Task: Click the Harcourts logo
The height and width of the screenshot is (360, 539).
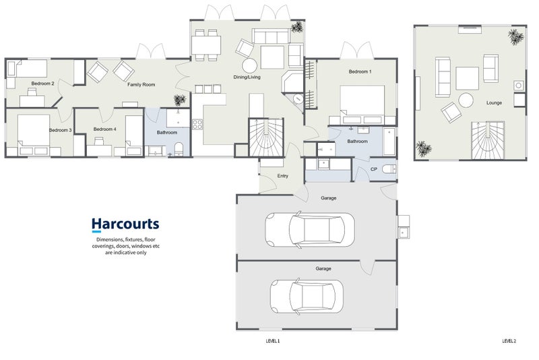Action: pos(125,224)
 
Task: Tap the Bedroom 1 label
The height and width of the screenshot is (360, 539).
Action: pos(360,71)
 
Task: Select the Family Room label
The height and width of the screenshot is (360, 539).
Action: pos(141,84)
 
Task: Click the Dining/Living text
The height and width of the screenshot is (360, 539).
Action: pos(247,77)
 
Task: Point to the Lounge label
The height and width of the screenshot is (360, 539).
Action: pos(494,102)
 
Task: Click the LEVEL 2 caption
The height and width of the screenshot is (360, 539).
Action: pos(509,341)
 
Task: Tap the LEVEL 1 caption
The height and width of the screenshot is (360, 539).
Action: pos(273,341)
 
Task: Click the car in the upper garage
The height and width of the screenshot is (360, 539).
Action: pos(310,229)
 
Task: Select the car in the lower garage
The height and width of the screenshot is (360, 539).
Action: pos(307,296)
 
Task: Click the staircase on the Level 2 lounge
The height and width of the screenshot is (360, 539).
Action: pos(487,140)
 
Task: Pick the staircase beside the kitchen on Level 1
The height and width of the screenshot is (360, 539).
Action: pos(266,138)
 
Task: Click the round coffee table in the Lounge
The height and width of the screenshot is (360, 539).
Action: pos(466,100)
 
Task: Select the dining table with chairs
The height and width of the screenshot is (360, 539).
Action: pos(206,45)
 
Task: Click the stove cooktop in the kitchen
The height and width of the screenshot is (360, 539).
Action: pos(197,124)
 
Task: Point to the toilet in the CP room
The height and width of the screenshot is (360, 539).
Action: pos(389,169)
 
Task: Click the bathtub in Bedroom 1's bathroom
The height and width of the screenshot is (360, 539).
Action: pos(389,142)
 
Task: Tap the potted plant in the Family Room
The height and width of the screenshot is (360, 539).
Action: pos(179,100)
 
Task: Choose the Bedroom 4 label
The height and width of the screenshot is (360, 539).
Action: pos(105,129)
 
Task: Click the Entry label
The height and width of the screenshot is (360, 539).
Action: pos(282,176)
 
